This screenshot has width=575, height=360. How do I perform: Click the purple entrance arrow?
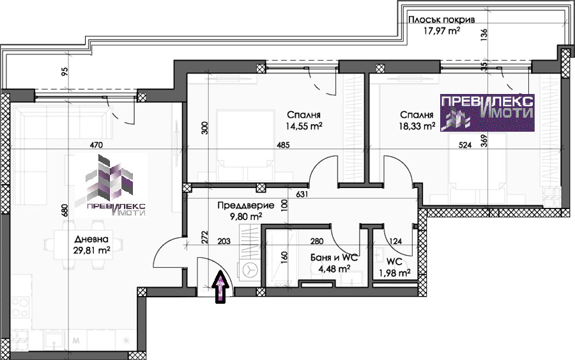pyautogui.click(x=220, y=287)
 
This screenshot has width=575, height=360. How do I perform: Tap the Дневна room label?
pyautogui.click(x=91, y=239)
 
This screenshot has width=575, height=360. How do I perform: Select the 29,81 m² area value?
pyautogui.click(x=91, y=250)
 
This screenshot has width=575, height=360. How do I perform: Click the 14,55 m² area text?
pyautogui.click(x=304, y=126)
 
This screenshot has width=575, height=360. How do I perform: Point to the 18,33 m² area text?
pyautogui.click(x=417, y=126)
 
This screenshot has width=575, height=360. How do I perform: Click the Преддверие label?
pyautogui.click(x=246, y=205)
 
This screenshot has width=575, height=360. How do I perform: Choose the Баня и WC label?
pyautogui.click(x=333, y=258)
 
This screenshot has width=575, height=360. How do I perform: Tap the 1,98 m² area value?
pyautogui.click(x=395, y=273)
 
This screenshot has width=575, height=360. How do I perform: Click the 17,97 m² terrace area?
pyautogui.click(x=442, y=31)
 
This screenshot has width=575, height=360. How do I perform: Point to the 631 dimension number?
pyautogui.click(x=302, y=194)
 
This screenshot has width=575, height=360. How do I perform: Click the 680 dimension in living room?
pyautogui.click(x=65, y=210)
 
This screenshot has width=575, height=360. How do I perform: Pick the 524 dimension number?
pyautogui.click(x=465, y=145)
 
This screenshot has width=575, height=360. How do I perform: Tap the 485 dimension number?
pyautogui.click(x=283, y=145)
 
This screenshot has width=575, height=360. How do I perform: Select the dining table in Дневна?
pyautogui.click(x=82, y=244)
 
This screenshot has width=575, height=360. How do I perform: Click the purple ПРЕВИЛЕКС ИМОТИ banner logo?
pyautogui.click(x=487, y=113)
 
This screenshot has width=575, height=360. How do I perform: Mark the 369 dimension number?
pyautogui.click(x=484, y=141)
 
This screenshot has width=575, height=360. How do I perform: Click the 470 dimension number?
pyautogui.click(x=96, y=145)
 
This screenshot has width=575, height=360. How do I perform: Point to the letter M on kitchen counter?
pyautogui.click(x=76, y=341)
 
